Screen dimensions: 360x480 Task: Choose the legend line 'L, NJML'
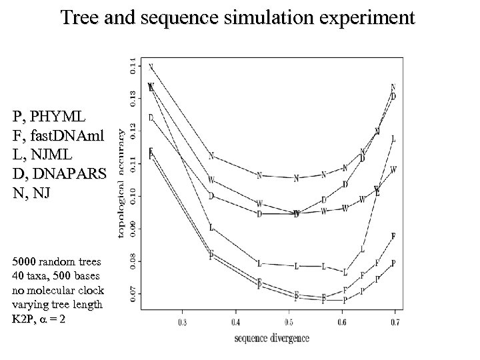tap(41, 156)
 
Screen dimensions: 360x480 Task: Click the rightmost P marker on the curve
tap(393, 263)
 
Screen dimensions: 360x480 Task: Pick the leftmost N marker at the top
tap(151, 67)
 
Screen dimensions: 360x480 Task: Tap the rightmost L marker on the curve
tap(393, 139)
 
